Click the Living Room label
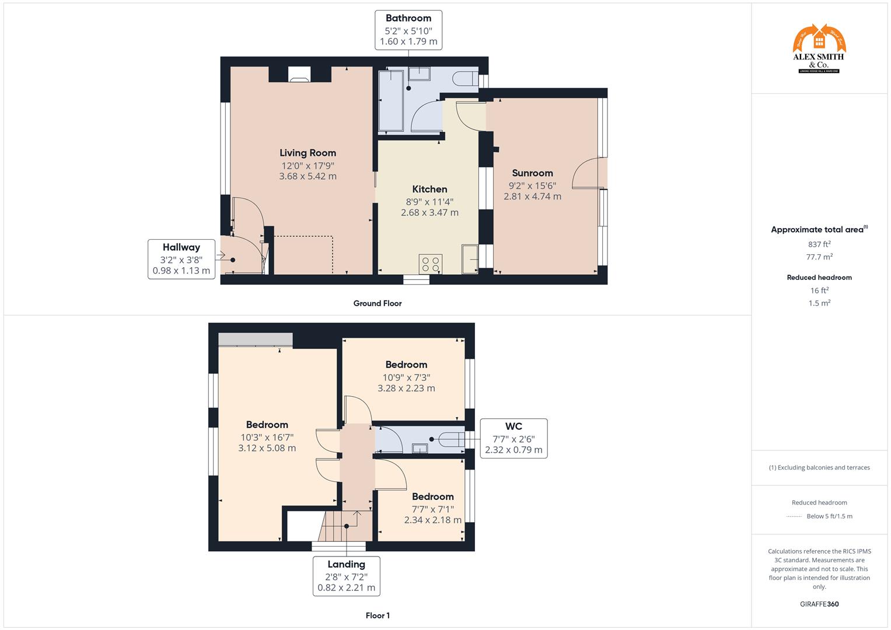[x=308, y=153]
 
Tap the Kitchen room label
[x=429, y=189]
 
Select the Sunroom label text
[x=532, y=173]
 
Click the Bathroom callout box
[x=408, y=30]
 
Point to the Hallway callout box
[x=181, y=258]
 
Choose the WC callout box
[x=513, y=438]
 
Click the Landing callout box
[x=346, y=576]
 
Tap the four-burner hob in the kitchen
[x=431, y=263]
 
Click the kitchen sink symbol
[x=470, y=258]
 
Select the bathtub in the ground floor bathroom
[x=390, y=101]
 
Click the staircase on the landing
[x=339, y=525]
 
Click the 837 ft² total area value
[x=819, y=244]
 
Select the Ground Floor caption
[x=378, y=303]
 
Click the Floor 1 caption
[x=378, y=615]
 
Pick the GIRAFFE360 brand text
[x=819, y=604]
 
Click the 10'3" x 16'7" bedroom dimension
[x=267, y=437]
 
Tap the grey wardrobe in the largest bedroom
[x=256, y=339]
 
